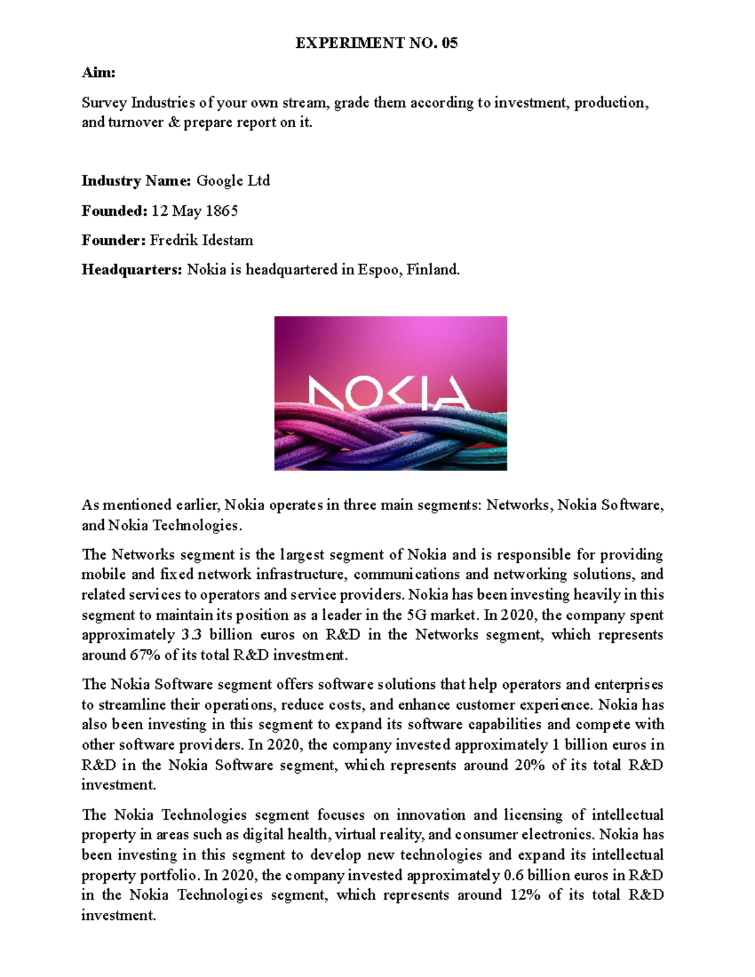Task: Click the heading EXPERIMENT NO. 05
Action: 376,43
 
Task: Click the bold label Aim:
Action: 98,73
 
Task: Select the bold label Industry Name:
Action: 136,181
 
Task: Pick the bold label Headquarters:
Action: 132,270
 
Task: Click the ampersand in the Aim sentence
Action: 174,123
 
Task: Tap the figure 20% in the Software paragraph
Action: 529,766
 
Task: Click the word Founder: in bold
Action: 113,240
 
